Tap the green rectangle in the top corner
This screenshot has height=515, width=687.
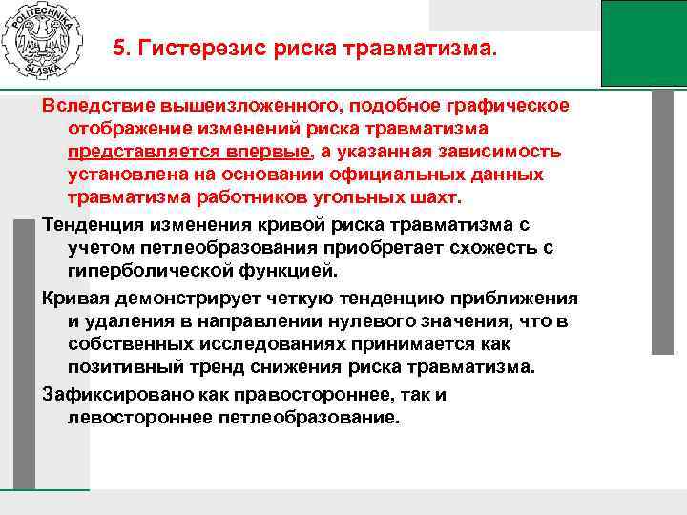pos(643,43)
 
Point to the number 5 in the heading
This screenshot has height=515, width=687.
pos(119,48)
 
